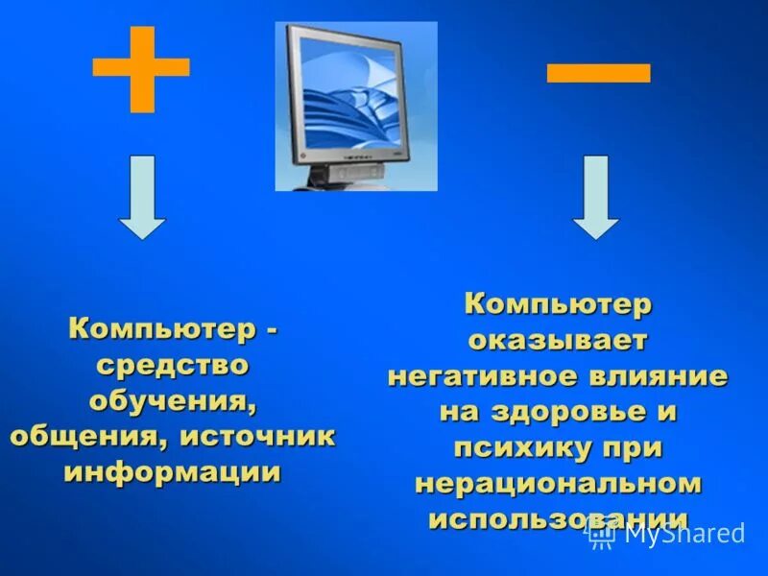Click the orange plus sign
pos(140,68)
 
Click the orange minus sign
pos(598,72)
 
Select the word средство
pos(172,365)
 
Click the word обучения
pos(173,400)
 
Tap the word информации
pos(173,471)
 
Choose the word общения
pos(78,436)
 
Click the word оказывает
pos(558,340)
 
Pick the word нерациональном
pos(558,483)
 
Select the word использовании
pos(558,518)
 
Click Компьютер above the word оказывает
pos(558,304)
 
